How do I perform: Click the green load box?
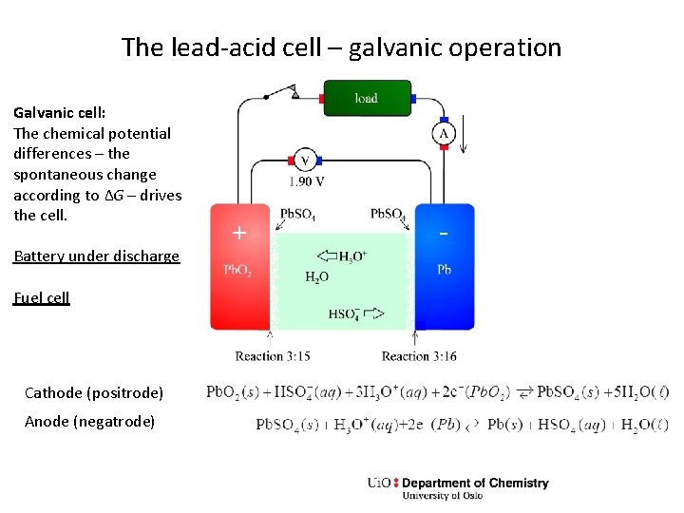[x=367, y=98]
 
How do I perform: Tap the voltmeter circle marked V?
[x=304, y=161]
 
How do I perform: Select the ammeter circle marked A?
[x=444, y=134]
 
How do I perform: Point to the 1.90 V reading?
[x=307, y=181]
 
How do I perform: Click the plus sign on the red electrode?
[x=239, y=233]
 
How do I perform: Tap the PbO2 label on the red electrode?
[x=237, y=271]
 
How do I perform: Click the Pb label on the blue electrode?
[x=444, y=270]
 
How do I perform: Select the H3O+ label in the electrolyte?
[x=352, y=256]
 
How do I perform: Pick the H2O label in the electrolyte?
[x=316, y=277]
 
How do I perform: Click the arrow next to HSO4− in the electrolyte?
[x=372, y=313]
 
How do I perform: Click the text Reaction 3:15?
[x=273, y=356]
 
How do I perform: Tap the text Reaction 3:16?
[x=419, y=356]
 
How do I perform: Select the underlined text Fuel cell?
[x=42, y=297]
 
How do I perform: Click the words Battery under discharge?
[x=96, y=256]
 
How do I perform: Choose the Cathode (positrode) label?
[x=94, y=392]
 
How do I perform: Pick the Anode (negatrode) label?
[x=89, y=421]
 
